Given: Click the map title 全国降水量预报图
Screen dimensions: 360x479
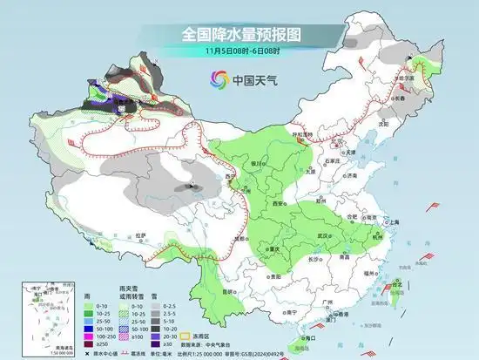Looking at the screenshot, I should pyautogui.click(x=240, y=34).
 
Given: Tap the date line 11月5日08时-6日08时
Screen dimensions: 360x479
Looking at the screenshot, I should pyautogui.click(x=240, y=51).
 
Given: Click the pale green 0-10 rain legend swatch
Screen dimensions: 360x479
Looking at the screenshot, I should pyautogui.click(x=90, y=307).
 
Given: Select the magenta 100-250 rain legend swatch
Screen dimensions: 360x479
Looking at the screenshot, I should pyautogui.click(x=90, y=334).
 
